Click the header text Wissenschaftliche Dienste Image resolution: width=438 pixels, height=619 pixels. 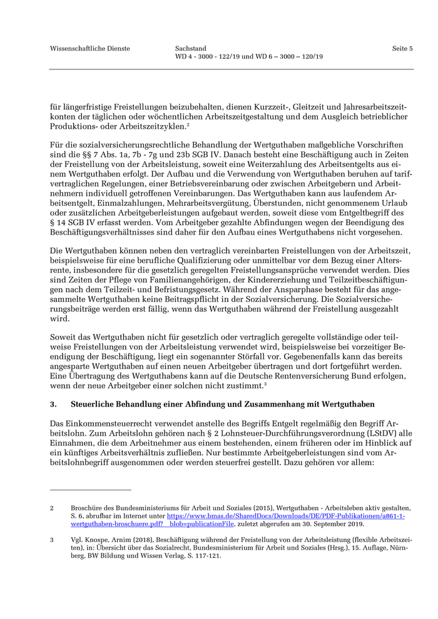coord(90,48)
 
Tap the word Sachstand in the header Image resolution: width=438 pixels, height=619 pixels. coord(191,48)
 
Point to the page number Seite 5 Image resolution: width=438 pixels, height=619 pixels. coord(402,48)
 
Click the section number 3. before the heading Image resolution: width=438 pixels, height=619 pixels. coord(54,405)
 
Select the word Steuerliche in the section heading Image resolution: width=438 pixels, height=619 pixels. coord(97,405)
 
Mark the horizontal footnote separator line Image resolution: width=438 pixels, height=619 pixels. coord(90,490)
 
